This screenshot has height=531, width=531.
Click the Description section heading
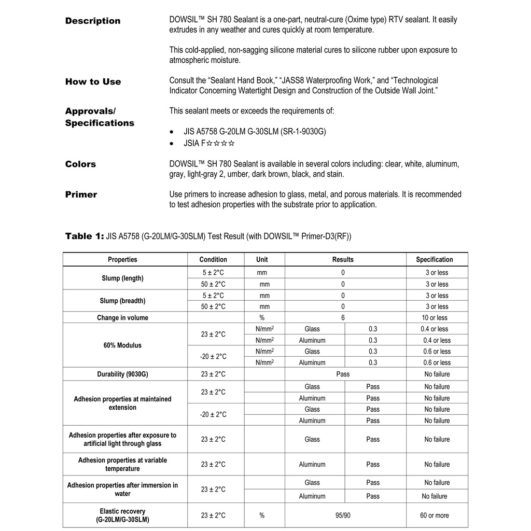tap(93, 21)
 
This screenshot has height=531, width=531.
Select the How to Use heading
tap(93, 81)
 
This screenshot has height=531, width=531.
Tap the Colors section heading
tap(80, 164)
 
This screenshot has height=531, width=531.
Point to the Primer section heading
tap(81, 194)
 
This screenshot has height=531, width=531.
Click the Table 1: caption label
tap(85, 236)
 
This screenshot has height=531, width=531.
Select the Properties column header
tap(122, 259)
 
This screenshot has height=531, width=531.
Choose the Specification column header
tap(434, 259)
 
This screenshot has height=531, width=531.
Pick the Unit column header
tap(262, 259)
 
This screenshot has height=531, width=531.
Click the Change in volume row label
tap(122, 318)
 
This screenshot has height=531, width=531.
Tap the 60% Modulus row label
tap(122, 345)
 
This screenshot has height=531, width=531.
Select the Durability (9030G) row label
tap(122, 374)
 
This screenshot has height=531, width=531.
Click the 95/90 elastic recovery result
tap(343, 515)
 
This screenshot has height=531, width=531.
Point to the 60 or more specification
tap(435, 515)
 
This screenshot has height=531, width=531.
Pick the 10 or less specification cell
tap(435, 318)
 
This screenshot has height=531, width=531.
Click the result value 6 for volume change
tap(343, 318)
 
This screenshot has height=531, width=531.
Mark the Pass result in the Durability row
tap(343, 374)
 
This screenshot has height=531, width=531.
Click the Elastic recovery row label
tap(122, 515)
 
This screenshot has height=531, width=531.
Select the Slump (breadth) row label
tap(122, 301)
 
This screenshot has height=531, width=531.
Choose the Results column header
tap(343, 259)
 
